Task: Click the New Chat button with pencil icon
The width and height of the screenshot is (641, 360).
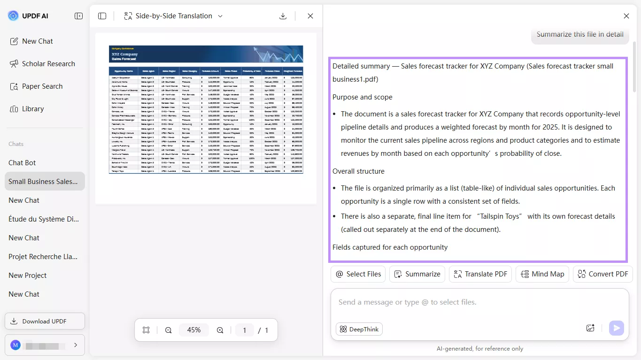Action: pos(32,41)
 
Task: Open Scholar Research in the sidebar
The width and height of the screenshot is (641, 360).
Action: pos(42,64)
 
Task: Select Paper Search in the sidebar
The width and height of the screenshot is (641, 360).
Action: pos(36,86)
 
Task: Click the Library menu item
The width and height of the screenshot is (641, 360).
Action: pos(27,109)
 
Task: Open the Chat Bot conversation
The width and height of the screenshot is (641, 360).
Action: pos(22,163)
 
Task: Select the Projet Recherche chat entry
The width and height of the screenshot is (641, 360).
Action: pos(43,257)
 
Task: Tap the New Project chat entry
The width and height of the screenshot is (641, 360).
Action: pos(28,276)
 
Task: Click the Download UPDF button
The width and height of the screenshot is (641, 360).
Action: pos(45,321)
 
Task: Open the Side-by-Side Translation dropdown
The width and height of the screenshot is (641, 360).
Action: pos(173,16)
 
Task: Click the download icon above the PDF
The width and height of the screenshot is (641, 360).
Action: pos(283,16)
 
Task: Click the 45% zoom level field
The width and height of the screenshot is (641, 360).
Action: pos(194,330)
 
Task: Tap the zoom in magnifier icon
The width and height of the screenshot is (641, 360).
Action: pos(220,330)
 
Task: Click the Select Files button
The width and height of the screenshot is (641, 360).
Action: pos(358,274)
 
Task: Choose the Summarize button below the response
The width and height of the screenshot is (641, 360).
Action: pos(417,274)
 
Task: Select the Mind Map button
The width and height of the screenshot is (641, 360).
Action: pos(542,274)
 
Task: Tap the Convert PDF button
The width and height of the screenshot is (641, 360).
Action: pos(602,274)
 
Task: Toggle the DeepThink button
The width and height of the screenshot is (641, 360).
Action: pos(359,329)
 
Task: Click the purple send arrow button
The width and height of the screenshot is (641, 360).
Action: pos(616,328)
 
